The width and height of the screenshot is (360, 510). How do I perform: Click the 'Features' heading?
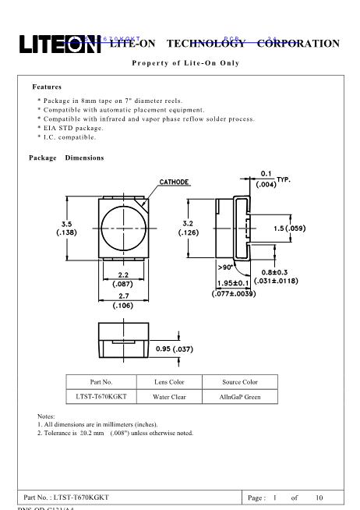click(47, 87)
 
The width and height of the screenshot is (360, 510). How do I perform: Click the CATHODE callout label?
click(175, 182)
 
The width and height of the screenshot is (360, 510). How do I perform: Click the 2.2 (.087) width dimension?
click(122, 279)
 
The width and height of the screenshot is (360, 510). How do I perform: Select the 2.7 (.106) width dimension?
click(122, 301)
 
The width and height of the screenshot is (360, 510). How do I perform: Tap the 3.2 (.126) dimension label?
click(189, 227)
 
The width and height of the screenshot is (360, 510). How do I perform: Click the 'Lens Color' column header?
click(166, 382)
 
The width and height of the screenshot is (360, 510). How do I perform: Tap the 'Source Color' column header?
click(239, 382)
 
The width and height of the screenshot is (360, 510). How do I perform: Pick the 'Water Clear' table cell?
click(166, 397)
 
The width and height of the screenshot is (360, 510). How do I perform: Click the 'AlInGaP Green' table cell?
click(239, 397)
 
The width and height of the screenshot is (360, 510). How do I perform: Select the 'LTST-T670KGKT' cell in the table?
click(101, 397)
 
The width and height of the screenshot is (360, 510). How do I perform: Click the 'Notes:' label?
click(46, 416)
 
